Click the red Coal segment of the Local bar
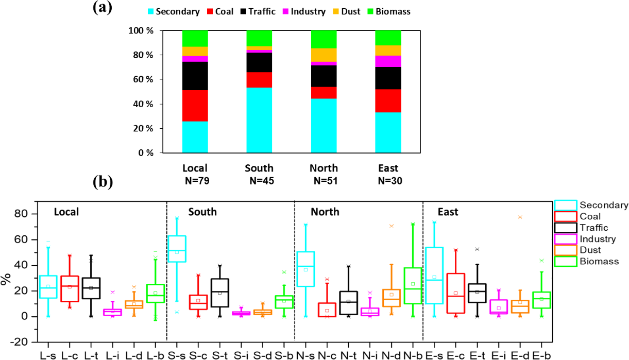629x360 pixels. coord(195,106)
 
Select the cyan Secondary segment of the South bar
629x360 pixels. coord(259,120)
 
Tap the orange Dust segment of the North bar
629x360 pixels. coord(324,55)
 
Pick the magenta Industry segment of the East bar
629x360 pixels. coord(388,61)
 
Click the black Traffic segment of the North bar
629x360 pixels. coord(324,76)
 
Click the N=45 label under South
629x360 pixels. coord(260,181)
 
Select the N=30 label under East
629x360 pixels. coord(388,181)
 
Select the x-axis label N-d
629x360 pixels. coord(391,355)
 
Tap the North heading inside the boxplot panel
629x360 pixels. coord(325,212)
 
